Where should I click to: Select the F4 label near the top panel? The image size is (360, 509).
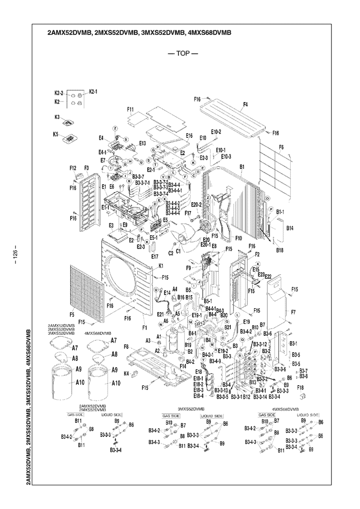(245, 104)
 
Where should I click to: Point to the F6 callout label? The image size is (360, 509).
(281, 147)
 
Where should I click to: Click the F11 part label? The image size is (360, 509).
(130, 110)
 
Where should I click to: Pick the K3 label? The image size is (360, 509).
(57, 117)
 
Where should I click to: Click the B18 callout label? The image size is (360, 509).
(280, 250)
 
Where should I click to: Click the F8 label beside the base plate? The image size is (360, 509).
(126, 346)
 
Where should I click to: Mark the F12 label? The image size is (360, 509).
(73, 168)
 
